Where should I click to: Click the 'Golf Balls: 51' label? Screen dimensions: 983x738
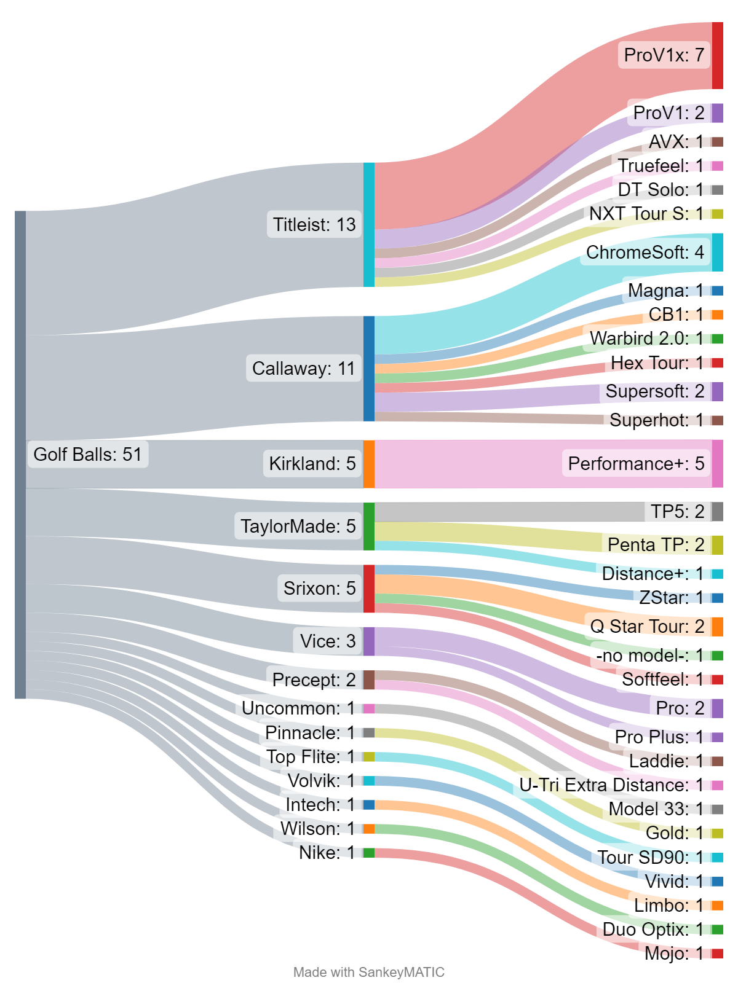(x=88, y=455)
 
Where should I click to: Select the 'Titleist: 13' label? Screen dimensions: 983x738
(x=314, y=225)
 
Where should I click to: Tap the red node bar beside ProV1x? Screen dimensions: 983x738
(x=717, y=55)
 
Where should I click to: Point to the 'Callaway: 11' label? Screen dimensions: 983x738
(x=304, y=369)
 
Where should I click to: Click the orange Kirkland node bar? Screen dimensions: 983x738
(x=369, y=464)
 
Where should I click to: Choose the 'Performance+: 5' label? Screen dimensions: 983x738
(x=636, y=464)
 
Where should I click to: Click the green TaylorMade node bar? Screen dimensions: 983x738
(x=369, y=527)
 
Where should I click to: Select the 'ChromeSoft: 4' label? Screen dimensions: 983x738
(x=645, y=253)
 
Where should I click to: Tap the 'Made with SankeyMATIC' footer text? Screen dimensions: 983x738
(x=369, y=972)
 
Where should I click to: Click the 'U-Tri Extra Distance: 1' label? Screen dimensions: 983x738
(x=611, y=785)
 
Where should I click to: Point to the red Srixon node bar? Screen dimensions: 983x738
(x=369, y=589)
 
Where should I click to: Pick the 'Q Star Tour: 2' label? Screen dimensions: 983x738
(x=647, y=627)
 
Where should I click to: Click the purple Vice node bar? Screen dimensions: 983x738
(x=369, y=641)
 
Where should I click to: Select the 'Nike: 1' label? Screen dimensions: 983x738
(x=327, y=853)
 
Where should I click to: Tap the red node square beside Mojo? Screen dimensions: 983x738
(x=717, y=954)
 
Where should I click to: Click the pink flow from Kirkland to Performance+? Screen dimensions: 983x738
(x=467, y=464)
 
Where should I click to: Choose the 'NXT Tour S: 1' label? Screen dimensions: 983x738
(x=646, y=214)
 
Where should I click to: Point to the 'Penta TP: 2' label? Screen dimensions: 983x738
(x=656, y=545)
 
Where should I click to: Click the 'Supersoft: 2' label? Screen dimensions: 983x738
(x=654, y=391)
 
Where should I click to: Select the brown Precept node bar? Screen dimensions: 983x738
(x=369, y=680)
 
